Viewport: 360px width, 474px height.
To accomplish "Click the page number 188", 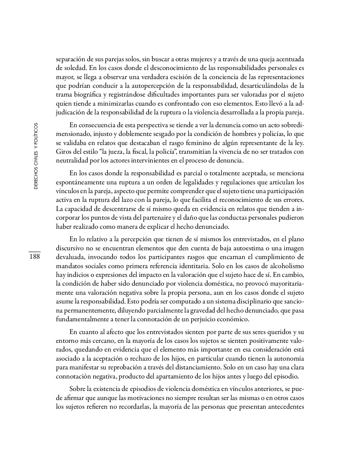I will pos(34,257).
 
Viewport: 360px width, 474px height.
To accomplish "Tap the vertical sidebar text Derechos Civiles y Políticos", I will pos(36,156).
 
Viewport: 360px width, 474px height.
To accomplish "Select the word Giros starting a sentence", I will pos(63,151).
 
